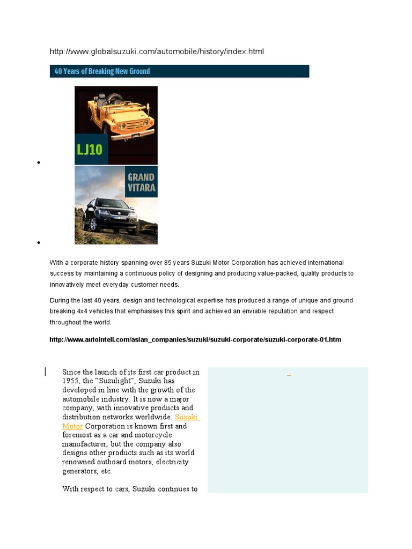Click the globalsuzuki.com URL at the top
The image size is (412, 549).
coord(157,51)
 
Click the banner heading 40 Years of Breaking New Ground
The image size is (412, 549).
coord(102,71)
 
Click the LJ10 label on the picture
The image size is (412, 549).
coord(91,149)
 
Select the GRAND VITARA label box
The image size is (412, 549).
coord(141,182)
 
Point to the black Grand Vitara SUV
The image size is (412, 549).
coord(112,214)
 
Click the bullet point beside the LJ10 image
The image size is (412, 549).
coord(39,162)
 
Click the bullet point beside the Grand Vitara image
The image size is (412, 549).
coord(39,243)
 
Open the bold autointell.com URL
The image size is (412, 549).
coord(195,340)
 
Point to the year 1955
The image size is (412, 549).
coord(71,381)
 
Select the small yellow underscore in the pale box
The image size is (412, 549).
coord(289,374)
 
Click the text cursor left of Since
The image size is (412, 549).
coord(46,372)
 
